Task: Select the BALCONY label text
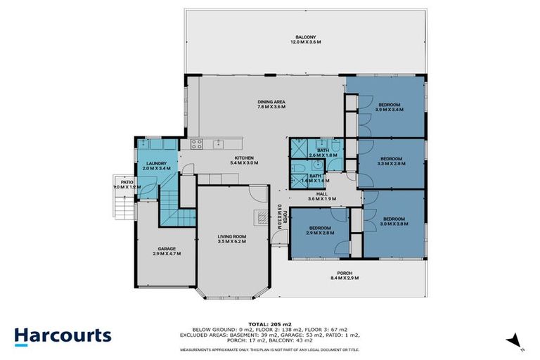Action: (305, 37)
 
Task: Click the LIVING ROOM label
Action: (231, 236)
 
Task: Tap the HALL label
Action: (322, 194)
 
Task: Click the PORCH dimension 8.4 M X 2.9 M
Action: (344, 278)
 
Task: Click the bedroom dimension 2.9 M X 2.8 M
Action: (319, 233)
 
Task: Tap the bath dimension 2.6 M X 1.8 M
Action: (323, 155)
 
